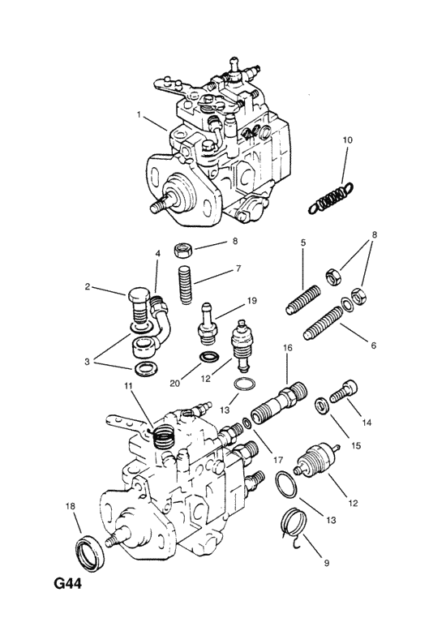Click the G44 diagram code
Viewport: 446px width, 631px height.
tap(67, 582)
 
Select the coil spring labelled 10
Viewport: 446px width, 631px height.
tap(331, 197)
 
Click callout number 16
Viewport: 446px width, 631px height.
tap(288, 347)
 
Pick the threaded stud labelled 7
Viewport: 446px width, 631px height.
tap(185, 285)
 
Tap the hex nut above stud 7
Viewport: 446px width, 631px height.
tap(183, 251)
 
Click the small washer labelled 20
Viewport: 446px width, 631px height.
tap(208, 357)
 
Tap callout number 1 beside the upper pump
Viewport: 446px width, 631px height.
tap(139, 114)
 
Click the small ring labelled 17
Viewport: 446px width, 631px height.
tap(247, 423)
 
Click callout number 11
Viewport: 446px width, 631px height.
tap(128, 386)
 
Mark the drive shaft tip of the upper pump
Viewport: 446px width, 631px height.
tap(155, 208)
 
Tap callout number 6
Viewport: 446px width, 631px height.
tap(373, 346)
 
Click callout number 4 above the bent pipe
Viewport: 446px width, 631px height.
tap(158, 254)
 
